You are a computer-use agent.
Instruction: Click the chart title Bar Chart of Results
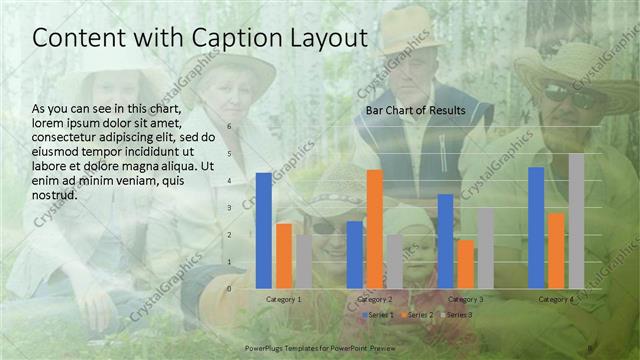click(415, 110)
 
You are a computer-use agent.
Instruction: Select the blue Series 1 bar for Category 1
click(263, 230)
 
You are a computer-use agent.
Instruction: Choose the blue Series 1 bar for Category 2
click(354, 254)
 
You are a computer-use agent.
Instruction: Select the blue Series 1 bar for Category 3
click(445, 240)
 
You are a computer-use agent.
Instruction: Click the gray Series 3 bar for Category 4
click(576, 220)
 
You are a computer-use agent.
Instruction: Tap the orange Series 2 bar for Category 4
click(556, 250)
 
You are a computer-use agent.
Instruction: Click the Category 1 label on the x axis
click(284, 299)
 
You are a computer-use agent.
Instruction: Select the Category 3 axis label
click(465, 299)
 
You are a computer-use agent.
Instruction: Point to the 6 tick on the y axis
click(230, 127)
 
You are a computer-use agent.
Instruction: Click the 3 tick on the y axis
click(230, 208)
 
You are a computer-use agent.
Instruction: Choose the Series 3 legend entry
click(456, 315)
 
